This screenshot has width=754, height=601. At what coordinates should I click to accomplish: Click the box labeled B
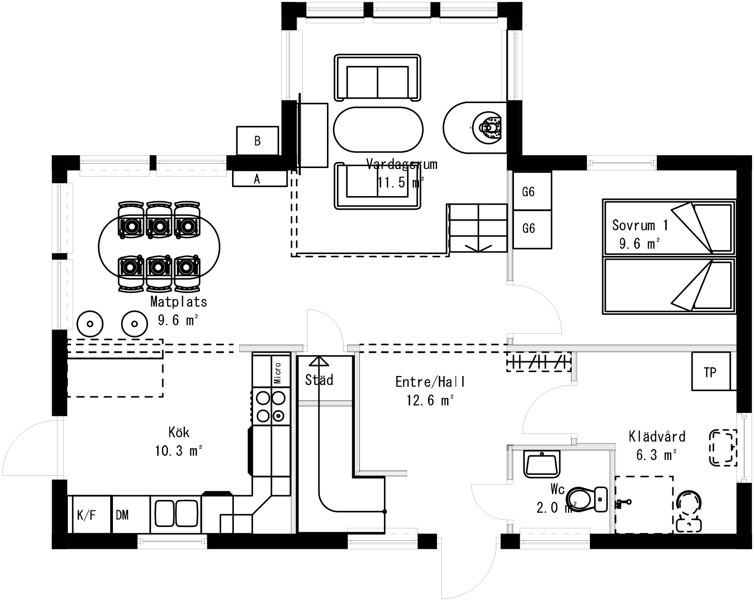click(x=257, y=141)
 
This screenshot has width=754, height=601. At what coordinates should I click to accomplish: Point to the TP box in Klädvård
click(x=710, y=372)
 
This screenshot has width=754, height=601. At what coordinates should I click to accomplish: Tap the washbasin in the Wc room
click(x=542, y=463)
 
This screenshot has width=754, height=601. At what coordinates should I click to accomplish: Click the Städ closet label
click(x=319, y=380)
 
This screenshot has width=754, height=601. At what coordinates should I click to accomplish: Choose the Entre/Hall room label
click(x=430, y=382)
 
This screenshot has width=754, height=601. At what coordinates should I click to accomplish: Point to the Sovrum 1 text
click(x=640, y=225)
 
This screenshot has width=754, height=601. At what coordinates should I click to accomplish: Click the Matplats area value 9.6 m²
click(x=177, y=320)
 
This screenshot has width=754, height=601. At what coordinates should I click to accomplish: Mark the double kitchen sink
click(x=176, y=513)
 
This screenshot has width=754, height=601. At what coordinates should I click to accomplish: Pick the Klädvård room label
click(x=657, y=436)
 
